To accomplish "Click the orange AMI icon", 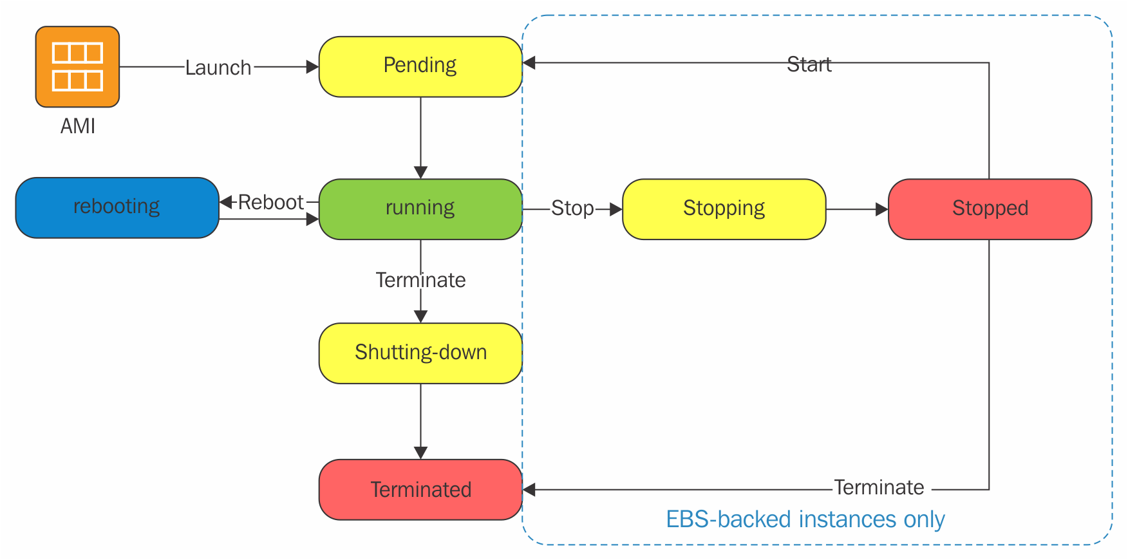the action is [x=77, y=66].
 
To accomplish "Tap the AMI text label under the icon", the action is [x=78, y=126].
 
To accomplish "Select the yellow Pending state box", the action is [x=420, y=66].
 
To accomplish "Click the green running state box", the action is [x=420, y=209].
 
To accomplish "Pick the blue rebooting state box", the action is [x=117, y=208].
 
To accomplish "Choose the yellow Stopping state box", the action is [x=724, y=209].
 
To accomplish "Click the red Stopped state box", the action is [x=990, y=209].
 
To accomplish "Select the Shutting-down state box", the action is [x=420, y=353].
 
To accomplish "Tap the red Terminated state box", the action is [x=420, y=490].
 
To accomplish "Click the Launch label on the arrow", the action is [x=218, y=68].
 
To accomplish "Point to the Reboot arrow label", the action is [x=270, y=202].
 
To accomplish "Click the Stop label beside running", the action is [x=572, y=209].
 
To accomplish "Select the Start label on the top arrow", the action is [x=809, y=64].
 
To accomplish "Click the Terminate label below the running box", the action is [x=420, y=280].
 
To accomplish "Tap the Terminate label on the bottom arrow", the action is [x=879, y=487].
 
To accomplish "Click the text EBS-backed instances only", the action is [x=805, y=519].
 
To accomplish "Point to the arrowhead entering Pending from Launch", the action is [x=313, y=67].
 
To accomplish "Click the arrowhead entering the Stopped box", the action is [x=882, y=209].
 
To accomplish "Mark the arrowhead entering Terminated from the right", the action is [x=529, y=490].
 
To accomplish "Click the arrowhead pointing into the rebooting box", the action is [x=226, y=202].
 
